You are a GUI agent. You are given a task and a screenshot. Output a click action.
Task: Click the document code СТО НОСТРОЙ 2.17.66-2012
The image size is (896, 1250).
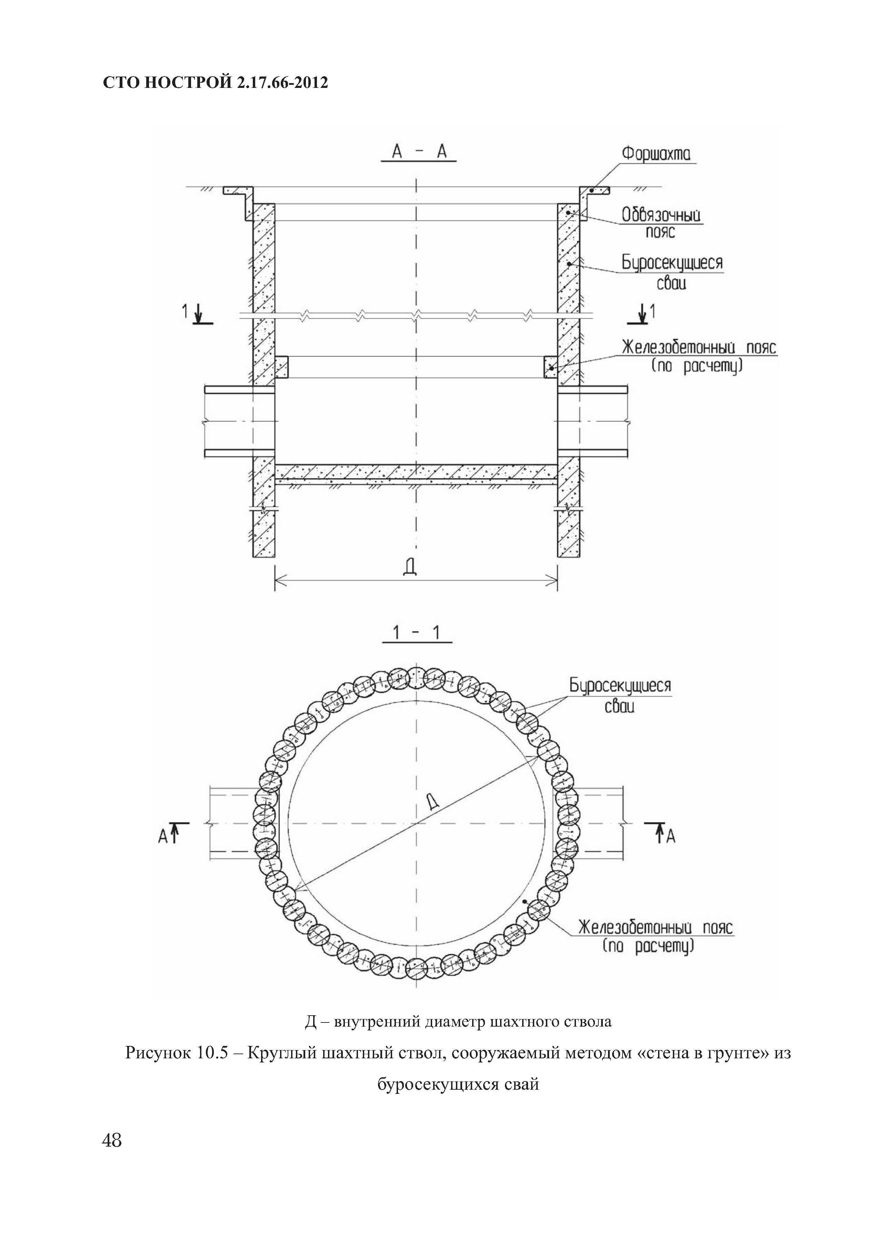[x=216, y=83]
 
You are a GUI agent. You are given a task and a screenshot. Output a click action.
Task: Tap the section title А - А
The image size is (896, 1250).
[x=418, y=152]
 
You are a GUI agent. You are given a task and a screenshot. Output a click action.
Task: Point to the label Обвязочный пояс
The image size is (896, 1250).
[x=661, y=222]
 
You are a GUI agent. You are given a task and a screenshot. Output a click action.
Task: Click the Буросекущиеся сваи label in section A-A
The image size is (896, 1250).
[x=671, y=272]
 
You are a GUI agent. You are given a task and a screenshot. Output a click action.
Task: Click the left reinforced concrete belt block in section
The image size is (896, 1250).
[x=281, y=366]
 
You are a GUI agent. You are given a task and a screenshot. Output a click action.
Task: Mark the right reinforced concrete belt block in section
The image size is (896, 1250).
[x=551, y=366]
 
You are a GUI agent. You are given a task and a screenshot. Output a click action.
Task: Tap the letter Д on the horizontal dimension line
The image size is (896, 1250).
[x=409, y=567]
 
